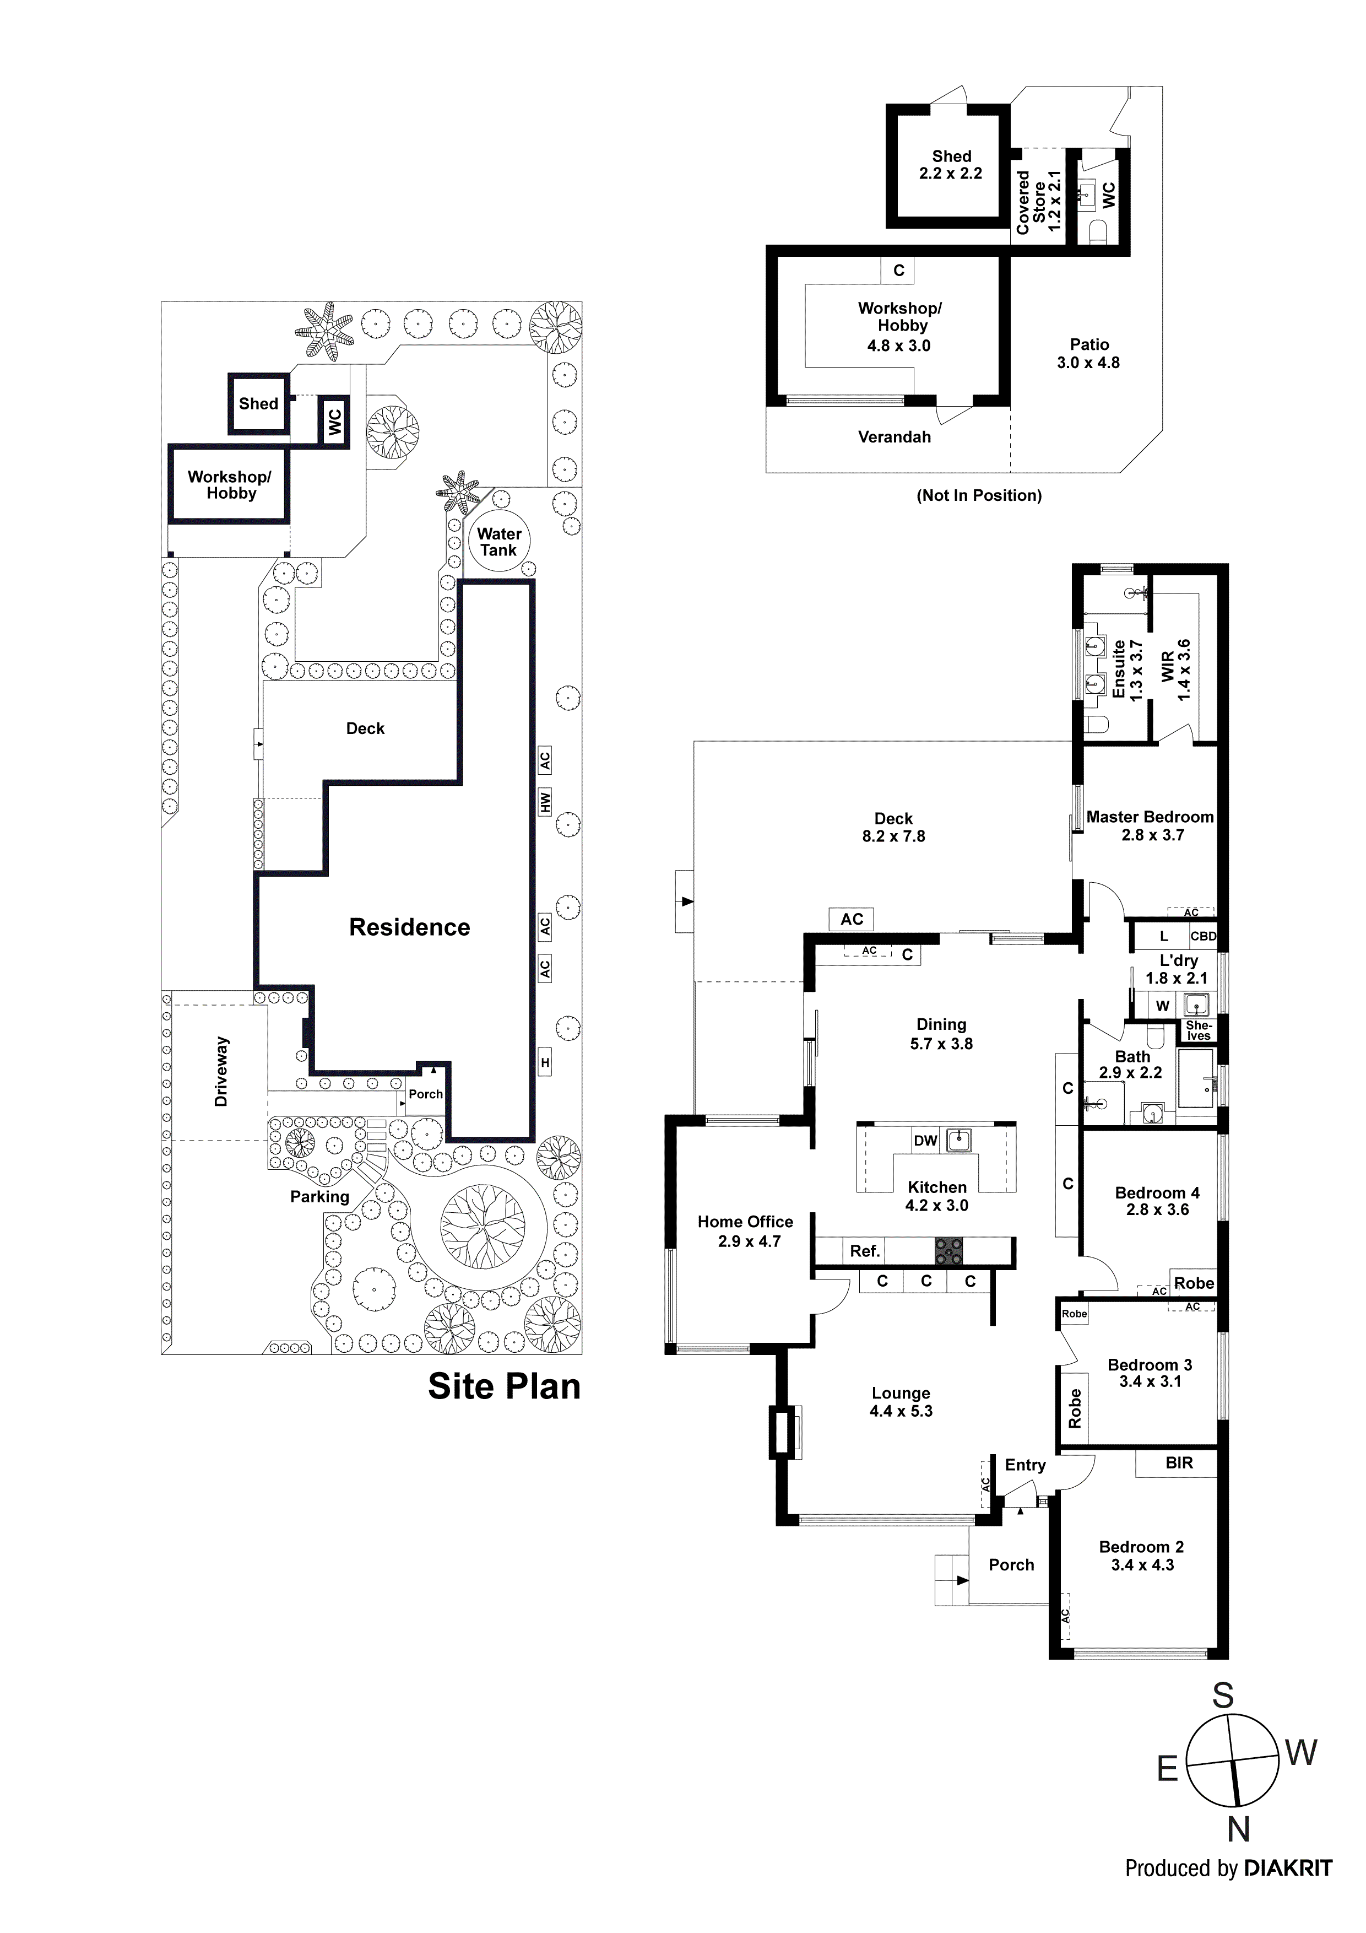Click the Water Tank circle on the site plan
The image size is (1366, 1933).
tap(499, 542)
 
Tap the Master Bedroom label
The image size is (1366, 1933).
tap(1150, 817)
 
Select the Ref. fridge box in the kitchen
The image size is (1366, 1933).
tap(864, 1251)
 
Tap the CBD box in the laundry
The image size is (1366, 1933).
tap(1203, 936)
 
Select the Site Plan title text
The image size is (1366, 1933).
tap(504, 1386)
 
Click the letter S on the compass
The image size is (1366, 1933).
tap(1222, 1696)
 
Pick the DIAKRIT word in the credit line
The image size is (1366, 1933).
tap(1288, 1868)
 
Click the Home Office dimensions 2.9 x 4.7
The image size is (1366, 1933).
tap(749, 1241)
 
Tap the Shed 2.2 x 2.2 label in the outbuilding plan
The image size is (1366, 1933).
tap(951, 164)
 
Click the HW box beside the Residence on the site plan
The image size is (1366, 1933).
tap(545, 802)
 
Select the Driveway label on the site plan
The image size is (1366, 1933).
tap(221, 1071)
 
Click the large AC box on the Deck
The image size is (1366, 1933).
tap(852, 919)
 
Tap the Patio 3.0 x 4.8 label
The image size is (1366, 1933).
tap(1088, 354)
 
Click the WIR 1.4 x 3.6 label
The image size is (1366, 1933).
tap(1176, 670)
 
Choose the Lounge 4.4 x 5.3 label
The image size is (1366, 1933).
tap(901, 1402)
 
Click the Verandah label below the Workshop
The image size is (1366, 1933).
tap(894, 437)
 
